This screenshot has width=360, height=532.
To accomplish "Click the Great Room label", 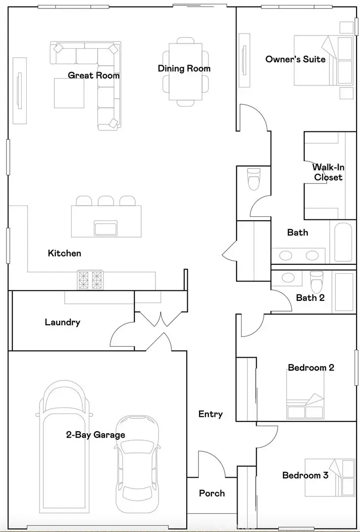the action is point(94,75).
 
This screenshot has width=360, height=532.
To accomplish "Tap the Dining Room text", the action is point(184,69).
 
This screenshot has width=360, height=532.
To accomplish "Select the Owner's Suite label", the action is point(295,59).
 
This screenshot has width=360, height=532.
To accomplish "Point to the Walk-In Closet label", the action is point(328,172).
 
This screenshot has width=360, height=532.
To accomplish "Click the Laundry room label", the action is point(62,323).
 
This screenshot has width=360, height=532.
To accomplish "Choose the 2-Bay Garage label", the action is point(95,435).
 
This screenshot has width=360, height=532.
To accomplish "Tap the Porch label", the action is point(212,493).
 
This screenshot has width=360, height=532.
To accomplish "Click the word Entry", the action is point(211,414).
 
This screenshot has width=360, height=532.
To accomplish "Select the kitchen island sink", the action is point(106,228).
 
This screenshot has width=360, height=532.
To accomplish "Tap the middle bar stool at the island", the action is point(106,201).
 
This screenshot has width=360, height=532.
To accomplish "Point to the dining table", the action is point(186,72).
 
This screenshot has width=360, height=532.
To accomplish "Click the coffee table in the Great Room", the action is point(69,93).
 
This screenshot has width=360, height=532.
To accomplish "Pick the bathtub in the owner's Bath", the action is point(343,242).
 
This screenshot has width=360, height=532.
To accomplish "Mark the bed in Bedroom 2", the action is point(305,395).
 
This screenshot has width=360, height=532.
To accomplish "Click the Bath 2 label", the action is point(311,298).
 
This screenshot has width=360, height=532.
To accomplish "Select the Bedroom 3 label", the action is point(305,475).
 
